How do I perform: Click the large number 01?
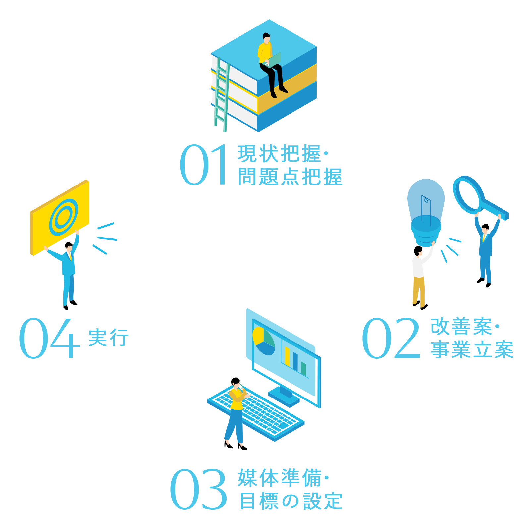(x=203, y=165)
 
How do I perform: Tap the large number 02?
(x=391, y=338)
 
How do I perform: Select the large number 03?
(x=198, y=489)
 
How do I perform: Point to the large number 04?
(x=49, y=338)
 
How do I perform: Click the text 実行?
(x=108, y=338)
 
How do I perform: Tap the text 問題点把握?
(x=290, y=177)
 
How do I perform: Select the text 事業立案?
(x=472, y=350)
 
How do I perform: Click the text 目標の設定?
(x=291, y=501)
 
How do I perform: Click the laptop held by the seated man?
(x=274, y=60)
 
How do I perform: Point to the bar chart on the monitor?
(x=295, y=359)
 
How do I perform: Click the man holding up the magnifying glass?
(x=485, y=252)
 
